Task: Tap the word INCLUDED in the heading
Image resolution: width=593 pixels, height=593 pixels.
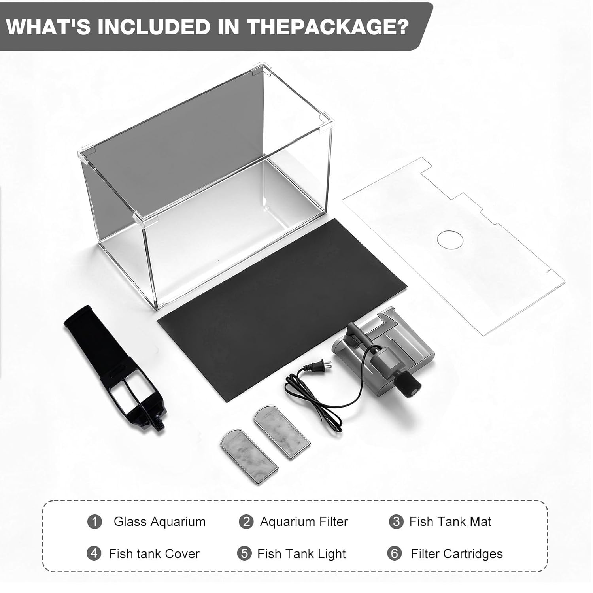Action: pos(154,27)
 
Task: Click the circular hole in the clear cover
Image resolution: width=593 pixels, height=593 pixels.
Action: pos(450,239)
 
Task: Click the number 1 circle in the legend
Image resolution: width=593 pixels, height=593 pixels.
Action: pos(94,521)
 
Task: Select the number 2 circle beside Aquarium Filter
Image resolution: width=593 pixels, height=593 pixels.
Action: pos(246,521)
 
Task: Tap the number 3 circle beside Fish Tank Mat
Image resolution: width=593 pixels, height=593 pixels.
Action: pos(396,521)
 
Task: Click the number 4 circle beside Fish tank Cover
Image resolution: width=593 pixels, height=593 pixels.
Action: pos(94,553)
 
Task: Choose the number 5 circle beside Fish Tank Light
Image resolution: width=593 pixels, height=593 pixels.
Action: pos(244,553)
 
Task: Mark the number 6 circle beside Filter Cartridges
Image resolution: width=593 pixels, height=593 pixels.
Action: pos(394,553)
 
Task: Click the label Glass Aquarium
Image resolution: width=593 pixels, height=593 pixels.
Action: pos(160,522)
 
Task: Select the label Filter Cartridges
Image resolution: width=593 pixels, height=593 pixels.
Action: pos(457,554)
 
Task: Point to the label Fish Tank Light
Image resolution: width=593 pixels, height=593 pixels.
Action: pos(302,554)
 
